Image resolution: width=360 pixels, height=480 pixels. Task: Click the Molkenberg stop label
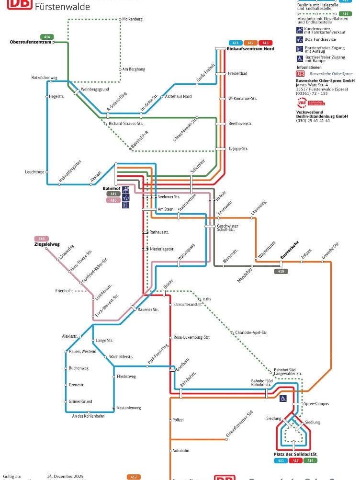tap(133, 19)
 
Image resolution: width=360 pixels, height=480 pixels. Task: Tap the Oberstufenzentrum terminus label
tap(31, 42)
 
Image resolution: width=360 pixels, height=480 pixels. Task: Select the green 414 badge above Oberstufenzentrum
tap(47, 37)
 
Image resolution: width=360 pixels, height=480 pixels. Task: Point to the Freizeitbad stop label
tap(237, 73)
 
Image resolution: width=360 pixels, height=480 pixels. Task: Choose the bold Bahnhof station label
tap(110, 188)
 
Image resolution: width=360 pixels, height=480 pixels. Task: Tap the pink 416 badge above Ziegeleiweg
tap(41, 239)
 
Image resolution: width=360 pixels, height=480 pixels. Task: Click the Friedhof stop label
tap(63, 291)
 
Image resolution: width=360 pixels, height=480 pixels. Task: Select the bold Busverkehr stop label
tap(290, 250)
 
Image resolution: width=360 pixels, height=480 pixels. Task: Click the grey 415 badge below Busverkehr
tap(281, 271)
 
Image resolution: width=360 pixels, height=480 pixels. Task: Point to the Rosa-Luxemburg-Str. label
tap(191, 337)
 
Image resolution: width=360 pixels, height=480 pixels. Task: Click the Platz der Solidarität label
tap(295, 454)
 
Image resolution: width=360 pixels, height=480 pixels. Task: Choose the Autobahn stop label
tap(180, 451)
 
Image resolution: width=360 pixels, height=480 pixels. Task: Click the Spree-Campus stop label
tap(316, 404)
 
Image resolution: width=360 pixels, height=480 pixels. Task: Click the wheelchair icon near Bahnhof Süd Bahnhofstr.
tap(283, 398)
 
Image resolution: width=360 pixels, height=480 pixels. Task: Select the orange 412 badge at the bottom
tap(134, 477)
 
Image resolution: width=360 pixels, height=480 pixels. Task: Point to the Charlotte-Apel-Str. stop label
tap(251, 332)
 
